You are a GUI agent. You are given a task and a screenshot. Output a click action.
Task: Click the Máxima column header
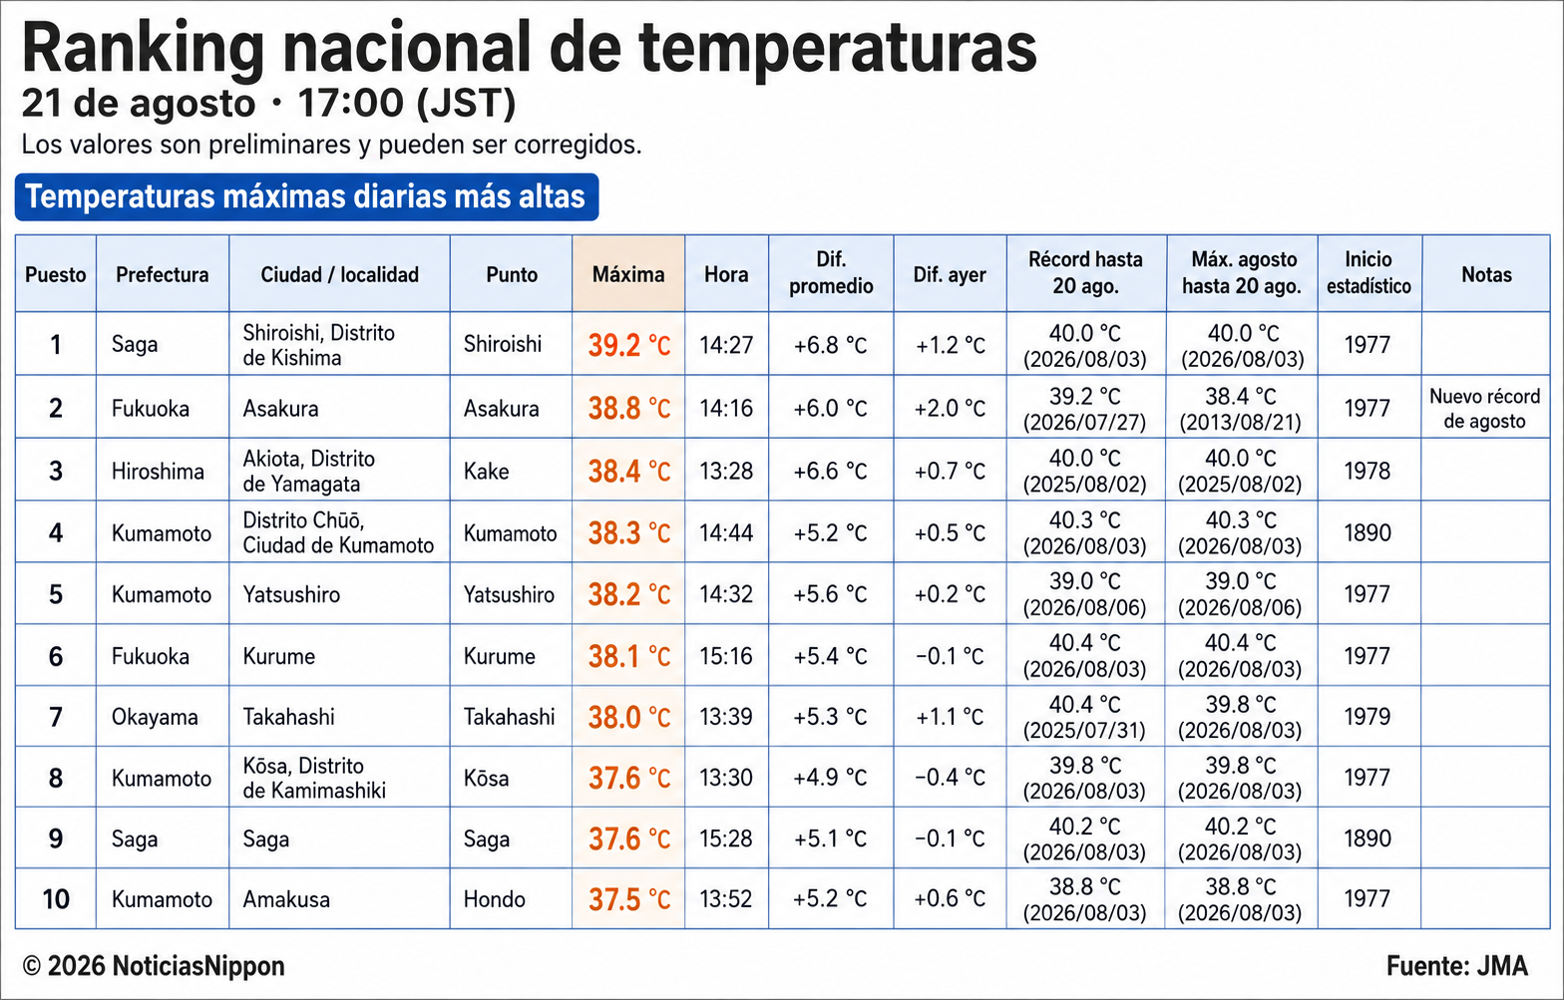(628, 274)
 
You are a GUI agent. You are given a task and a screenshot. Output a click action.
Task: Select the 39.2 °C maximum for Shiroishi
(629, 345)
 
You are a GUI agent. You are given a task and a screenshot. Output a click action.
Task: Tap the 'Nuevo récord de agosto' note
(1484, 408)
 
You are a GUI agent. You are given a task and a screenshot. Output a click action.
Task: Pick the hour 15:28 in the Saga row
(726, 838)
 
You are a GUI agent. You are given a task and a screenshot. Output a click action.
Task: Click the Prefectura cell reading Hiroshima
(158, 471)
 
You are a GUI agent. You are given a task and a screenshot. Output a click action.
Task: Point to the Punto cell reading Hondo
(495, 899)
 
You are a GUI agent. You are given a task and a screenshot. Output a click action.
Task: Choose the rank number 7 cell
(56, 717)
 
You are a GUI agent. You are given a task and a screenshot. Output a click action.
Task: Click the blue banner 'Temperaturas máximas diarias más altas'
(306, 196)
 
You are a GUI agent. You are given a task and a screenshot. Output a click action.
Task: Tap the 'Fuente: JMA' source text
(1456, 966)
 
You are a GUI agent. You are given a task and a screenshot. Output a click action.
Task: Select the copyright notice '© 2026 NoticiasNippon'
(154, 966)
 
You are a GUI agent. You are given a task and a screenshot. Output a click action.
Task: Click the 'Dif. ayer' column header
(950, 274)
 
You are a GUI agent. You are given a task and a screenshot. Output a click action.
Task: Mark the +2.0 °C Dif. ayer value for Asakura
(950, 408)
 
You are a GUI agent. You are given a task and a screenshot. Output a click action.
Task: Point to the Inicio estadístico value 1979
(1368, 716)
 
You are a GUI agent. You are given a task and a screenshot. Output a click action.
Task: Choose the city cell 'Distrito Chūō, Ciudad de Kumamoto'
(339, 532)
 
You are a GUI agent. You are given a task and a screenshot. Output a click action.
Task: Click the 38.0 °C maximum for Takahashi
(629, 717)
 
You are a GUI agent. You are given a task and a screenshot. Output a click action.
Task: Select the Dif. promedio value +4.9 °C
(830, 778)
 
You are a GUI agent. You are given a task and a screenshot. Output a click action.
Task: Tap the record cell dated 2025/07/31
(1085, 717)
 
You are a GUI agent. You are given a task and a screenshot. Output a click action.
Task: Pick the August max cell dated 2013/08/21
(1241, 408)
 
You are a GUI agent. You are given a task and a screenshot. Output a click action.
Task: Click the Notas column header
(1486, 274)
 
